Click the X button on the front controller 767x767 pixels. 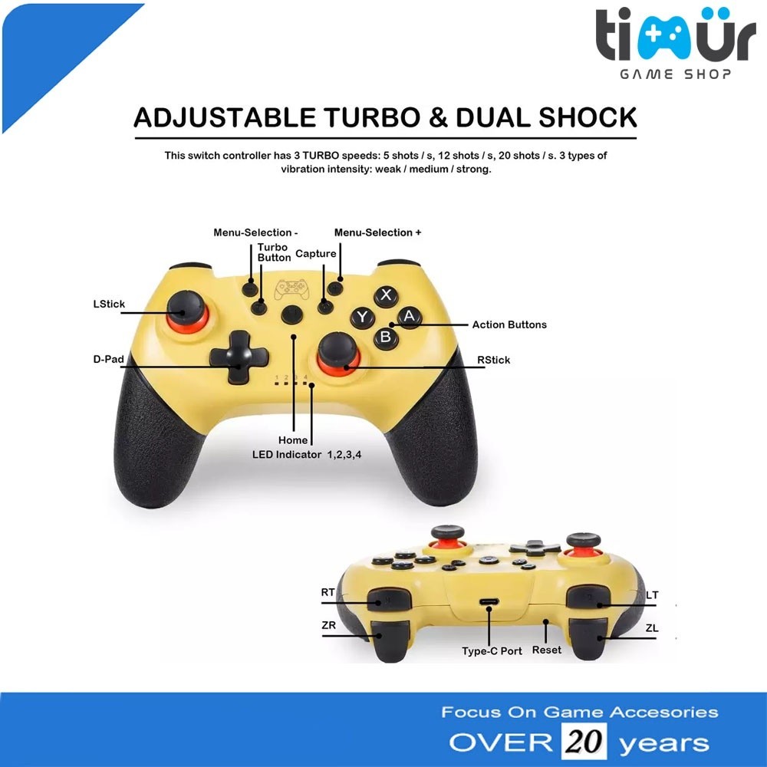386,295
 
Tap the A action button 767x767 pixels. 409,315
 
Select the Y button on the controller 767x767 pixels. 362,317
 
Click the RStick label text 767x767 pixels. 493,360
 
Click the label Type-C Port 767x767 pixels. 492,651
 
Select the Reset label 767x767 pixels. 546,650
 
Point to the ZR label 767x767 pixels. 329,625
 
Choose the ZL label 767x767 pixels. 652,628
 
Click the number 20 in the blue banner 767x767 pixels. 585,742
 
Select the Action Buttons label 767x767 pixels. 509,324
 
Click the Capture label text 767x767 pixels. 316,254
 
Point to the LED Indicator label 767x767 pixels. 307,454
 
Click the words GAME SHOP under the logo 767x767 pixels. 675,74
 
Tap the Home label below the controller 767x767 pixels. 293,440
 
